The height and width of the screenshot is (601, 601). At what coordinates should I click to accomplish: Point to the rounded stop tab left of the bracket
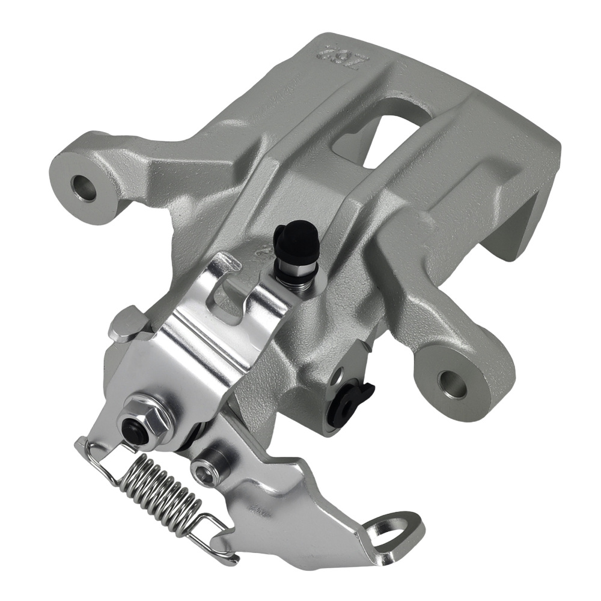[124, 325]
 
